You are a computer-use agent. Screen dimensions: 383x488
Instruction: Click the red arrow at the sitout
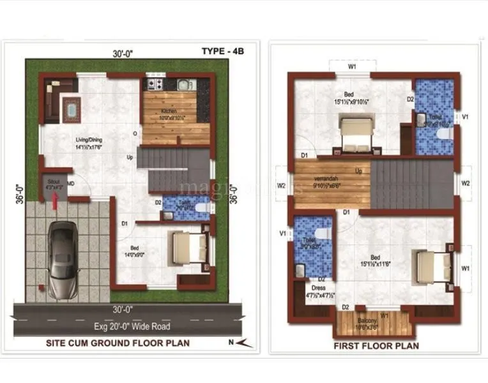(56, 202)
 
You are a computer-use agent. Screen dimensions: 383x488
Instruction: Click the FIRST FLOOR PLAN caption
(377, 345)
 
